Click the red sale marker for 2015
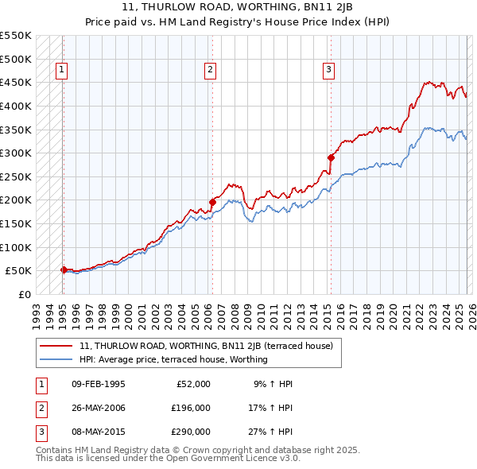click(x=330, y=157)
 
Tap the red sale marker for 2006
click(x=212, y=202)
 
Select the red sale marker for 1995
click(x=64, y=269)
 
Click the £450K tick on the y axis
click(x=16, y=82)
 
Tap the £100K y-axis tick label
click(x=16, y=247)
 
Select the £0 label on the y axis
click(x=24, y=294)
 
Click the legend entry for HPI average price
click(x=173, y=359)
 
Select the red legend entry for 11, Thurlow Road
click(x=211, y=346)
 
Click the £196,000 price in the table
click(x=190, y=408)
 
